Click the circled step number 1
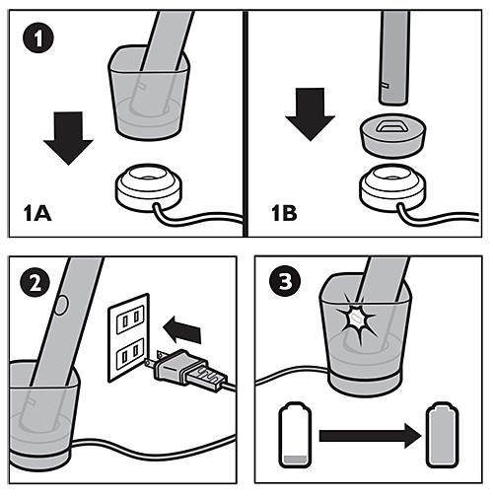click(x=38, y=37)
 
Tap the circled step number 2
click(x=35, y=283)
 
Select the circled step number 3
click(x=285, y=281)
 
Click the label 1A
click(x=37, y=213)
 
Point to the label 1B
click(x=284, y=213)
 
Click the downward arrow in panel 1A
click(x=68, y=138)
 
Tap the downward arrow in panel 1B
click(x=310, y=114)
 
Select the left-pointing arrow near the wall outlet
click(x=181, y=329)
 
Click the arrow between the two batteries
click(x=370, y=436)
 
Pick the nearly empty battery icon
click(x=295, y=435)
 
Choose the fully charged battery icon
click(x=442, y=435)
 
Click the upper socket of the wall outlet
click(x=130, y=319)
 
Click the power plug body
click(x=187, y=370)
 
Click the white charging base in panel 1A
click(x=149, y=186)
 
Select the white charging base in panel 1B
click(x=393, y=186)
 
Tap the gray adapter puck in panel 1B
click(x=393, y=135)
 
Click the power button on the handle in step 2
click(x=60, y=306)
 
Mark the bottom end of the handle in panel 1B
click(x=393, y=102)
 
